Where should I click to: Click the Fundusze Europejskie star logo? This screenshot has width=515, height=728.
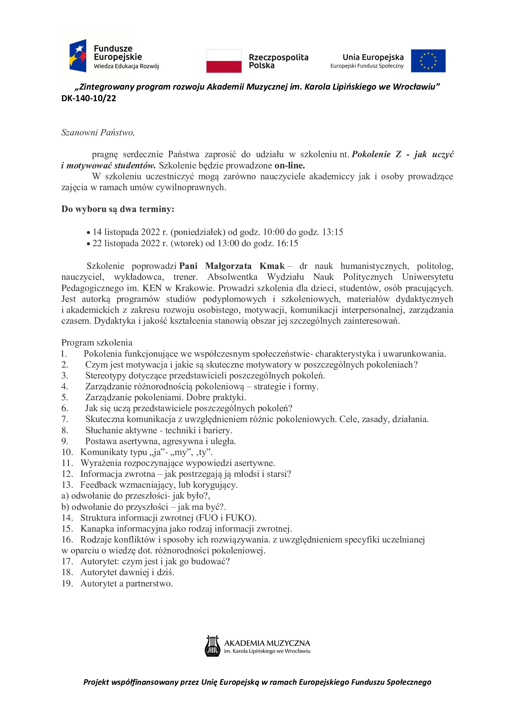(78, 55)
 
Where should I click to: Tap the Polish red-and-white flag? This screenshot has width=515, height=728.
(224, 61)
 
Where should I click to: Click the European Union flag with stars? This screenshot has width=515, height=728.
(428, 61)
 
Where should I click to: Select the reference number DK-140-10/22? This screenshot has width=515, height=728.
(89, 98)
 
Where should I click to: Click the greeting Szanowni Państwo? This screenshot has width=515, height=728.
(98, 133)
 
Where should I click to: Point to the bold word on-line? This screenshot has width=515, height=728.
(290, 166)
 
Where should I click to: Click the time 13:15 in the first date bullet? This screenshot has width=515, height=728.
(333, 232)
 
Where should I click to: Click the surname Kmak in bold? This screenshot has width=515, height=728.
(272, 266)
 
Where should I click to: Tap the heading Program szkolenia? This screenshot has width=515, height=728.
(97, 342)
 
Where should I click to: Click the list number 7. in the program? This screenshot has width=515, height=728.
(65, 419)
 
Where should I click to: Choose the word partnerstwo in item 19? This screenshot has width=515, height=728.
(149, 583)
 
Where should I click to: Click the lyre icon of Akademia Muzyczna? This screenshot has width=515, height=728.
(212, 646)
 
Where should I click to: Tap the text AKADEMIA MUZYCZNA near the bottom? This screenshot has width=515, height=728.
(267, 643)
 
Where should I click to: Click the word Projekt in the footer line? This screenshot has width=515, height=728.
(96, 682)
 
